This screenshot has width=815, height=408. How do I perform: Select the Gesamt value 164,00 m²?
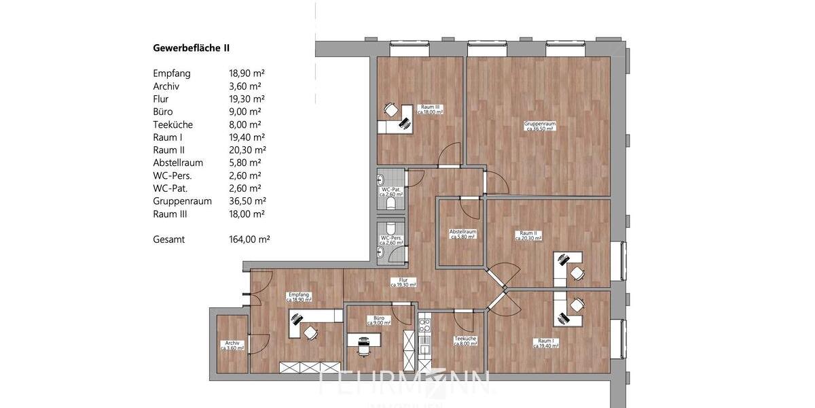coord(250,239)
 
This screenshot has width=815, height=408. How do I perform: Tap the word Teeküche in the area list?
coord(173,124)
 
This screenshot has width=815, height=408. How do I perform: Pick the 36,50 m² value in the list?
coord(247,201)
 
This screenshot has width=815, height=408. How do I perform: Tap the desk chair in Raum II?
coord(577,273)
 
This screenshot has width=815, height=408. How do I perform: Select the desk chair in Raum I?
coord(577,304)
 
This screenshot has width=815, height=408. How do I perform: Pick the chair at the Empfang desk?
coord(310,333)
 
